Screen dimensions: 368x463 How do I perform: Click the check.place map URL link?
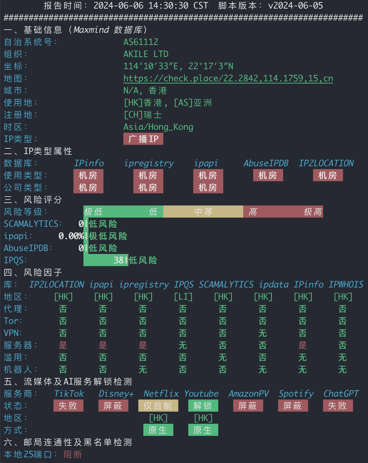pyautogui.click(x=228, y=78)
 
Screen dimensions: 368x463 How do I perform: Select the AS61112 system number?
pyautogui.click(x=141, y=42)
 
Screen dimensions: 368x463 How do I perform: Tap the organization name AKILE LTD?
pyautogui.click(x=146, y=54)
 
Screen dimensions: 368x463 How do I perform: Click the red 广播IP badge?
pyautogui.click(x=143, y=139)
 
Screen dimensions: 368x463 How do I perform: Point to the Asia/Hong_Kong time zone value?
pyautogui.click(x=158, y=127)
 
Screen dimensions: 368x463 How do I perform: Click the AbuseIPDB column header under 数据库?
pyautogui.click(x=266, y=163)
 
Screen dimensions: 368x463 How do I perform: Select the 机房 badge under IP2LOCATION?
pyautogui.click(x=328, y=175)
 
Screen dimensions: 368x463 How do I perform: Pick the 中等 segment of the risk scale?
pyautogui.click(x=203, y=212)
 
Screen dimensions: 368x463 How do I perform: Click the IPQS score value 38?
pyautogui.click(x=118, y=260)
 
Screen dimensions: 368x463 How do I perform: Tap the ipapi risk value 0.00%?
pyautogui.click(x=71, y=236)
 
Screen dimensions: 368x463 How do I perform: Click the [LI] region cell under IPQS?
pyautogui.click(x=183, y=297)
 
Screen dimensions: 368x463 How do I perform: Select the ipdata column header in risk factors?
pyautogui.click(x=274, y=285)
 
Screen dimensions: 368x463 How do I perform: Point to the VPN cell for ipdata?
pyautogui.click(x=262, y=333)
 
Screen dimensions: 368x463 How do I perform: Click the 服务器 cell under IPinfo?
pyautogui.click(x=302, y=345)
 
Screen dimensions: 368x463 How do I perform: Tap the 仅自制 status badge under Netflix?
pyautogui.click(x=158, y=406)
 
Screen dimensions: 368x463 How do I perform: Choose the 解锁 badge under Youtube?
pyautogui.click(x=203, y=406)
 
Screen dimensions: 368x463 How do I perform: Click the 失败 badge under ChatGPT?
pyautogui.click(x=338, y=406)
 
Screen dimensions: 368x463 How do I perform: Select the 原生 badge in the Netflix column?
pyautogui.click(x=158, y=430)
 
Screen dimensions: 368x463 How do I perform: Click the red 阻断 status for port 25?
pyautogui.click(x=73, y=454)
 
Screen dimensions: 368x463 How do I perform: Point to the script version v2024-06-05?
pyautogui.click(x=296, y=6)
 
